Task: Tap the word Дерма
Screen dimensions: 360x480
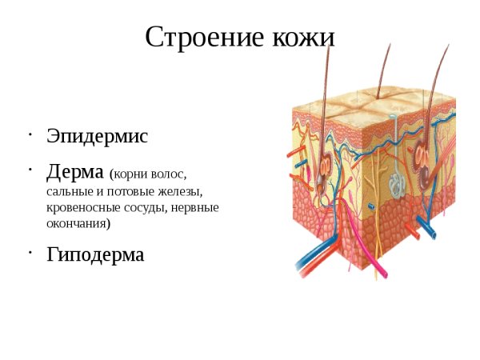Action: point(75,172)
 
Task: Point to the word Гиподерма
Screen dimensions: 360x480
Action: point(95,255)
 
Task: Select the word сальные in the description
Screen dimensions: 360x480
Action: point(69,192)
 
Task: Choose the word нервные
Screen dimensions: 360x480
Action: point(196,208)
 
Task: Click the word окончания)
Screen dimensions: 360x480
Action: point(78,224)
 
